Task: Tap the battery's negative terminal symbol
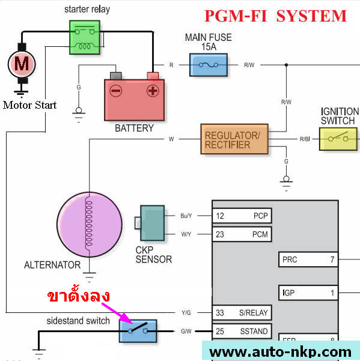click(x=115, y=91)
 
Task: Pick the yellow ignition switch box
click(x=337, y=139)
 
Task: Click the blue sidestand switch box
click(x=138, y=331)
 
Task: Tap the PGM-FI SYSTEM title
click(x=275, y=16)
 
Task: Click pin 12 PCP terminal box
click(x=242, y=216)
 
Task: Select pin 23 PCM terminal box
click(x=242, y=234)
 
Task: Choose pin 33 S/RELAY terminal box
click(x=242, y=312)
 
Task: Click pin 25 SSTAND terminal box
click(x=242, y=331)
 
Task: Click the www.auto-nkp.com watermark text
click(x=280, y=351)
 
